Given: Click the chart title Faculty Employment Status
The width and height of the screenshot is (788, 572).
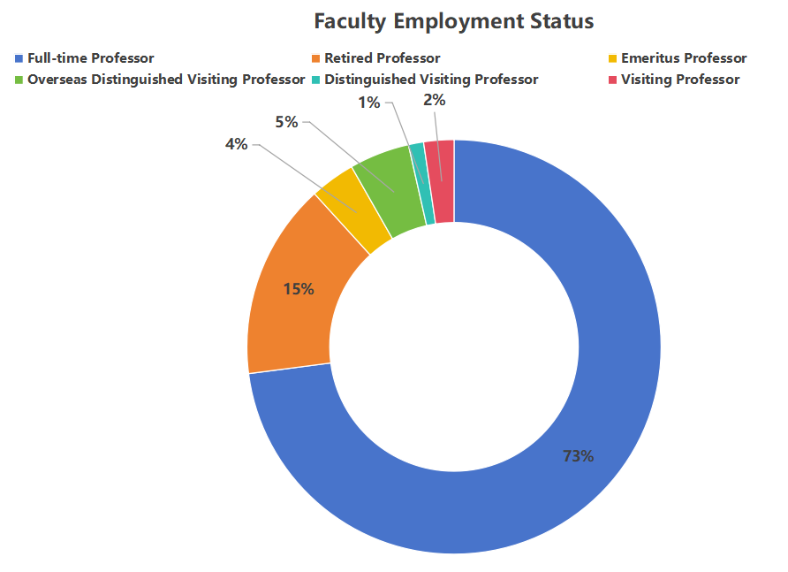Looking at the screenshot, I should pos(454,20).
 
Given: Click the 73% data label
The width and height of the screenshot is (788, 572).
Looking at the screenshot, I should pos(579,456).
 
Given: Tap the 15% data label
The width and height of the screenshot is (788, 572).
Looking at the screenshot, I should pos(299,289).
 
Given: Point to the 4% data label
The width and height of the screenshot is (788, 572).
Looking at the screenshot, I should pos(236,144).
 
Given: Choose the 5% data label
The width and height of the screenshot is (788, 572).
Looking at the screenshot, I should pos(286,122).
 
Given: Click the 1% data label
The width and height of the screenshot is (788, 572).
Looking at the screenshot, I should pos(369,103).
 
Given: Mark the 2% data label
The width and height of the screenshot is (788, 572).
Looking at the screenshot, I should pos(435,101).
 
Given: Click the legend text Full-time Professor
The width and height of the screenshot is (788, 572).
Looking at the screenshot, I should pos(91,58).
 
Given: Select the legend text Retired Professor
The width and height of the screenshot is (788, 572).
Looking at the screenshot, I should pos(382,58).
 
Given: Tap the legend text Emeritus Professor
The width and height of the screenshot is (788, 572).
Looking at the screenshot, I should pos(684,58).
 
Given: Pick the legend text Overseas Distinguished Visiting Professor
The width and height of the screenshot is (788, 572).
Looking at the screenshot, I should pos(166,80).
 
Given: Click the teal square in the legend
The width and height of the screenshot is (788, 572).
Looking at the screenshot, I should pos(315,80).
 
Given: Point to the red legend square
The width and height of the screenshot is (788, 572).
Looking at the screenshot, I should pos(612,80).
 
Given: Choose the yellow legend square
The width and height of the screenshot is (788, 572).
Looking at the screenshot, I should pos(612,59).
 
